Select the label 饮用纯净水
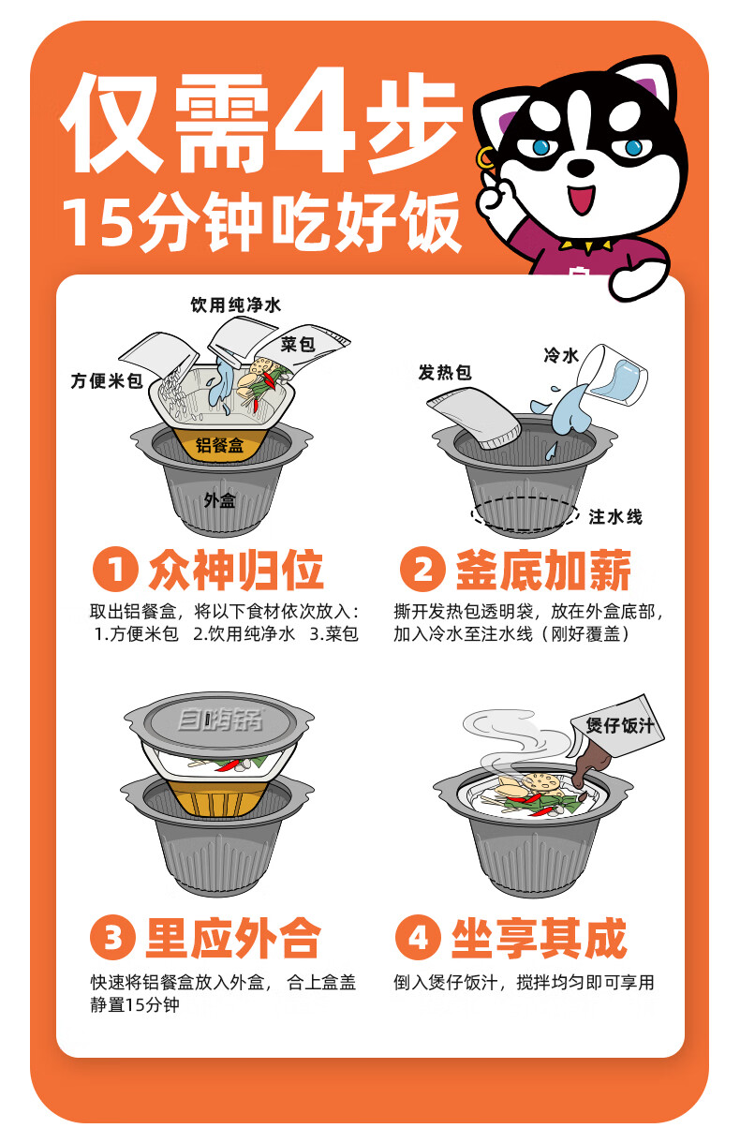(x=235, y=305)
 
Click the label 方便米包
(x=107, y=381)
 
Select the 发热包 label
(x=444, y=373)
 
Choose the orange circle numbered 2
(x=421, y=571)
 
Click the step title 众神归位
(x=236, y=571)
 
